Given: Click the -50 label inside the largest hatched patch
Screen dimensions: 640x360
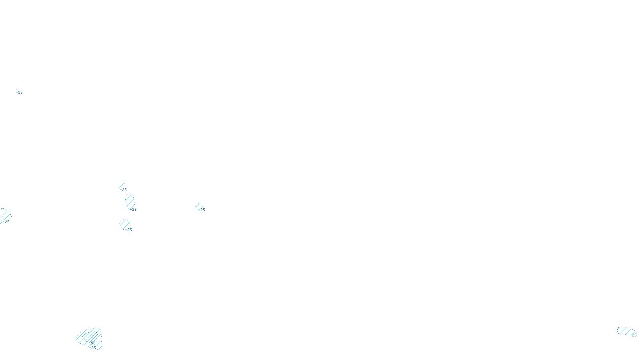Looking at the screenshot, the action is click(92, 343).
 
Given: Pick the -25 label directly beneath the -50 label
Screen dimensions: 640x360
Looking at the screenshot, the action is click(93, 348).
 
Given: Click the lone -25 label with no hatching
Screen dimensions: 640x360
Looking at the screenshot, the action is click(19, 92).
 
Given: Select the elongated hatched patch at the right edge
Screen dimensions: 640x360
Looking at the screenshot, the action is click(624, 330).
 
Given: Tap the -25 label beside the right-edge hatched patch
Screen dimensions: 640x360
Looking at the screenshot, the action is click(634, 335).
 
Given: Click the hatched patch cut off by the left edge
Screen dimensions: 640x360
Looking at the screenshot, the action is click(4, 215).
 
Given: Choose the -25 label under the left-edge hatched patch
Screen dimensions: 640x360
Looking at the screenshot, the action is click(6, 222).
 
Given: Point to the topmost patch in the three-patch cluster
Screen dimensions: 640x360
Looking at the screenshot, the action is click(122, 186).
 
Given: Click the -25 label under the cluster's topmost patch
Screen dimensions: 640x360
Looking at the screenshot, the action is click(124, 190).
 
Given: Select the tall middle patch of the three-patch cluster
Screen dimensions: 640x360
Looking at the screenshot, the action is click(130, 201).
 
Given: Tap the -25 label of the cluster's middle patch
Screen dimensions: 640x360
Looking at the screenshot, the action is click(134, 210).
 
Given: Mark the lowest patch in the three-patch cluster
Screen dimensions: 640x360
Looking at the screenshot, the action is click(125, 224).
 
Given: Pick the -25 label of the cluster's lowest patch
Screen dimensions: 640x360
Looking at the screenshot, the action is click(128, 230).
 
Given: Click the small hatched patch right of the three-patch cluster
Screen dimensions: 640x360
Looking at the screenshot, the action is click(199, 206).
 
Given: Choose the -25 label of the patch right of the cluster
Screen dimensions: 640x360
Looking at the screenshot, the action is click(202, 210).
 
